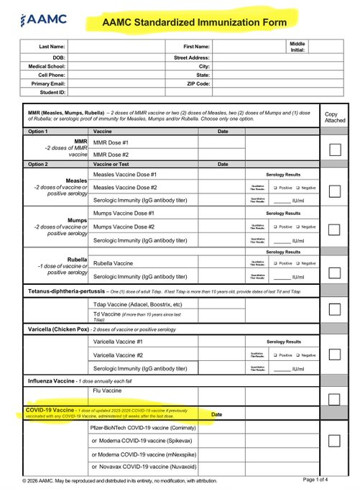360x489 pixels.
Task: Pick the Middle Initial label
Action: click(x=296, y=47)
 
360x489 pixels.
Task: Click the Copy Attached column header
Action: click(x=334, y=117)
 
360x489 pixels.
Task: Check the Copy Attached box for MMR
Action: click(x=334, y=150)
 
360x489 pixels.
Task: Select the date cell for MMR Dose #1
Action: click(x=223, y=142)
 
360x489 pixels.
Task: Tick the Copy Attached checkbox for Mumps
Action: click(x=334, y=229)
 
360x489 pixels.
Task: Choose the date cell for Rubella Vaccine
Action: click(x=223, y=262)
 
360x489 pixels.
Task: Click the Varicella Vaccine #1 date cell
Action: click(x=223, y=342)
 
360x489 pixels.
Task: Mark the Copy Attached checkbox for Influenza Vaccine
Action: click(x=334, y=398)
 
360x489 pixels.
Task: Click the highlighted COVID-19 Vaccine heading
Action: click(x=50, y=409)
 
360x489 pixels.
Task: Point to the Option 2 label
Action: click(x=37, y=164)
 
